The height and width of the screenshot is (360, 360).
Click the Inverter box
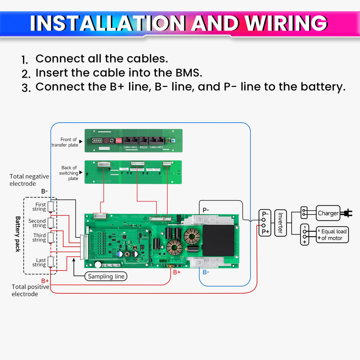point(280,223)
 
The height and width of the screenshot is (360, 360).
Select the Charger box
point(328,213)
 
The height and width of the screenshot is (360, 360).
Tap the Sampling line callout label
point(106,276)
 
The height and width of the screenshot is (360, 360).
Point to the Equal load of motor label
point(333,235)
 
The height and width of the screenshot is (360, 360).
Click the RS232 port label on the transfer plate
point(144,147)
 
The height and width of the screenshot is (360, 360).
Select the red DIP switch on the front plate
point(118,141)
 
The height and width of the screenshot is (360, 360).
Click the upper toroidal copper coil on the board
point(192,236)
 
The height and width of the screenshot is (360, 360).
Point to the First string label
point(39,207)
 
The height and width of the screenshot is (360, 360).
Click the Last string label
point(39,262)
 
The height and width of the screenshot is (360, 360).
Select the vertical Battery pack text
point(18,234)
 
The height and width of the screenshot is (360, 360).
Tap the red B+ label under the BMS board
point(177,272)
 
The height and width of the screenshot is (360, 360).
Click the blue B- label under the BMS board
point(206,272)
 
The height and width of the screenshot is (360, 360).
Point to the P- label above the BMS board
point(206,210)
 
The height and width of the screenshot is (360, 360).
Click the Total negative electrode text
point(29,180)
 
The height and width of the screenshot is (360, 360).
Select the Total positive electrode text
point(30,290)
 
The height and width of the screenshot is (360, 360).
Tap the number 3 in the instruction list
point(26,88)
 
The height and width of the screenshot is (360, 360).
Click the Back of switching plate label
point(69,173)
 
